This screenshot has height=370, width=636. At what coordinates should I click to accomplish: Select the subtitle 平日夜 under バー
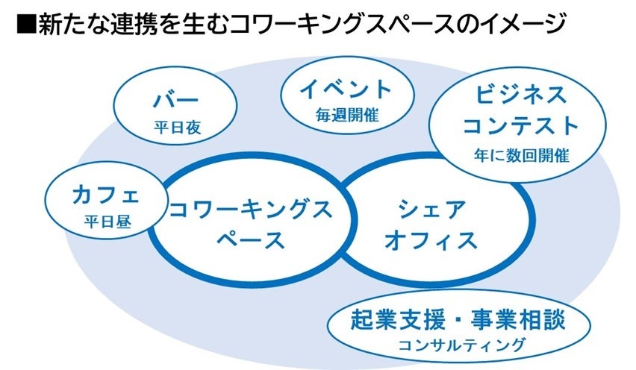(178, 128)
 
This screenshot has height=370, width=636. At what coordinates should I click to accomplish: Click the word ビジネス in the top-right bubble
(520, 95)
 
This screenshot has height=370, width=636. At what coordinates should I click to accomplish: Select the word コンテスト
(520, 125)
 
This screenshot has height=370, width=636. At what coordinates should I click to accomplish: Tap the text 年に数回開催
(520, 156)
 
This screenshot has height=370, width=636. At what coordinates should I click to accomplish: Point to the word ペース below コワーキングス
(250, 240)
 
